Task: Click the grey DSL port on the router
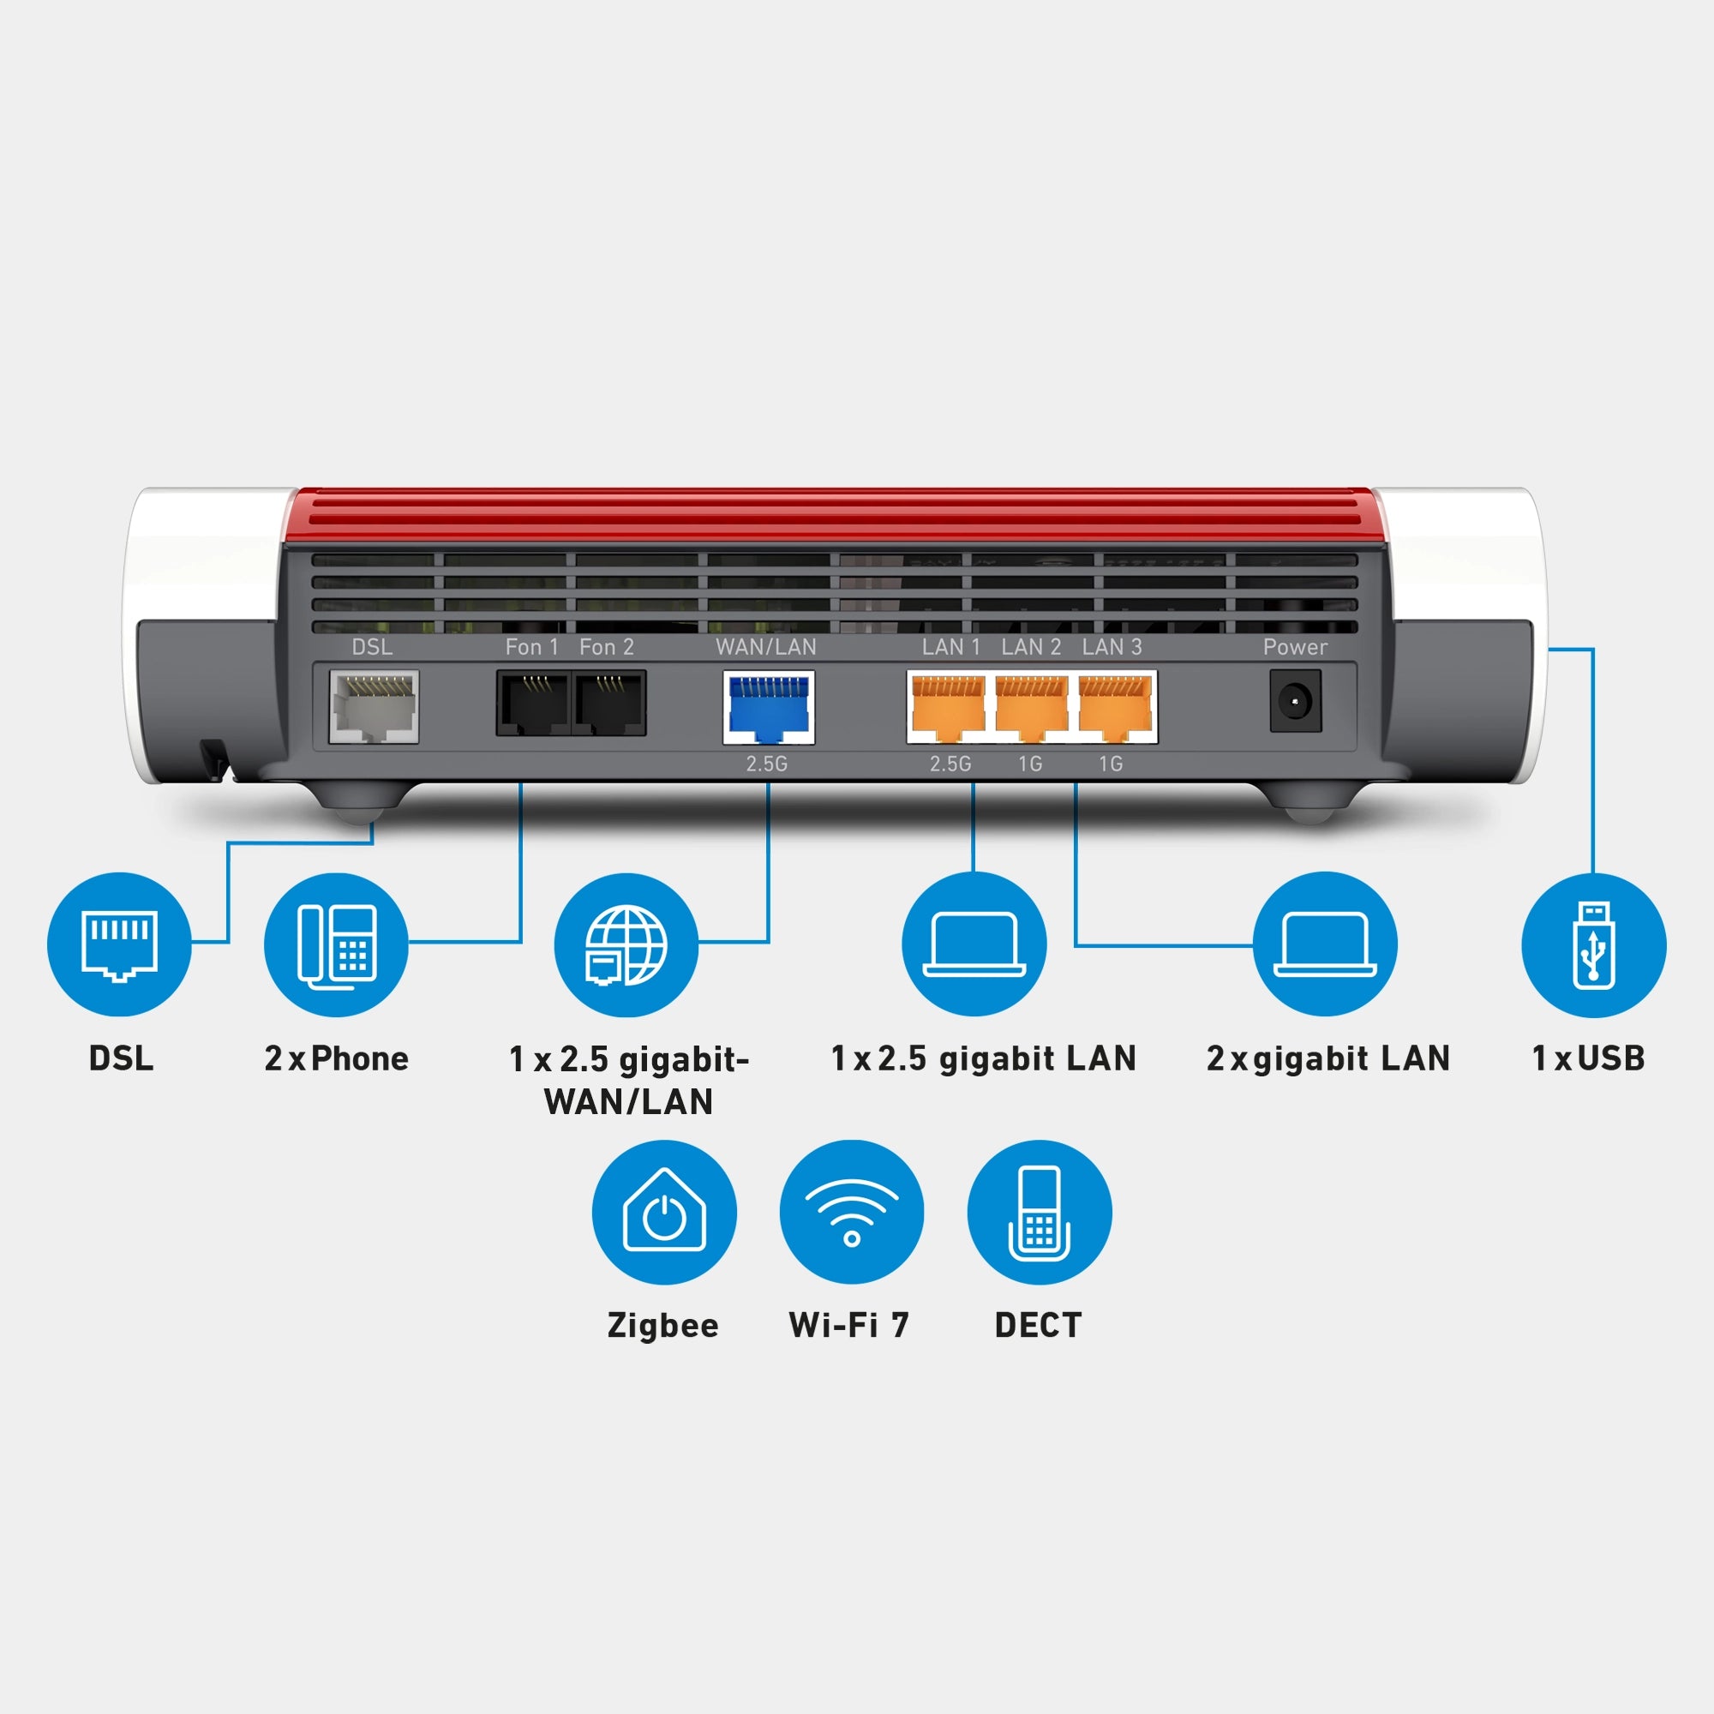(374, 706)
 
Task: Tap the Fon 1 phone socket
(532, 704)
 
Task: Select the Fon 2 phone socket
(609, 704)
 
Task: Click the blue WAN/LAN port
(768, 707)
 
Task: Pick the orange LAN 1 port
(948, 707)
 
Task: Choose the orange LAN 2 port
(1031, 707)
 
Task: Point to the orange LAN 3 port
(1114, 707)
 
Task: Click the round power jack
(1295, 702)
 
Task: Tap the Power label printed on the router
(1295, 647)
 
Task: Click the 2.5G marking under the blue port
(766, 764)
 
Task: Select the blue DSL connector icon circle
(119, 943)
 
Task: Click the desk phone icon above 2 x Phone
(336, 944)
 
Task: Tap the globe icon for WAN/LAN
(626, 944)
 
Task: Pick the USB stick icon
(1593, 944)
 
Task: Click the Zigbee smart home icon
(664, 1212)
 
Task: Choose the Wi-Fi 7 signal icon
(852, 1212)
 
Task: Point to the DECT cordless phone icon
(1039, 1212)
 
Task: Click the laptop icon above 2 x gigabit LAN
(1325, 944)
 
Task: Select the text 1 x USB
(1588, 1058)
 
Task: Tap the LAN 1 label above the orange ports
(950, 647)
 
